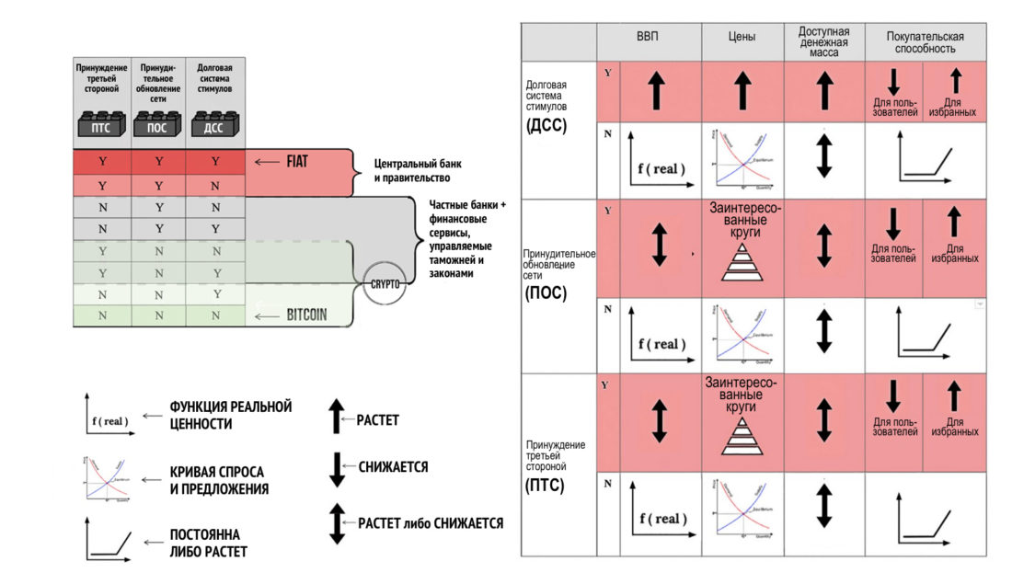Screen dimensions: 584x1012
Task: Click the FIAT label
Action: (296, 161)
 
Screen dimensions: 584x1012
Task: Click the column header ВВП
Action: (648, 38)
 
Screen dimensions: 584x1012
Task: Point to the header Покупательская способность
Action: (926, 41)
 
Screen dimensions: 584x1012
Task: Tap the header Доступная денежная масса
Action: (823, 41)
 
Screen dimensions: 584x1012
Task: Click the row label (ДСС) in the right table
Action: (547, 126)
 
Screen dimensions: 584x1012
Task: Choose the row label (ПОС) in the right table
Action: (547, 293)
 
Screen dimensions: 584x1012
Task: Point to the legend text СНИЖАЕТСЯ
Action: (394, 466)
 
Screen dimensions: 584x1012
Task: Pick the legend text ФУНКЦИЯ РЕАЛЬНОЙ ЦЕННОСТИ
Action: (231, 415)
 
